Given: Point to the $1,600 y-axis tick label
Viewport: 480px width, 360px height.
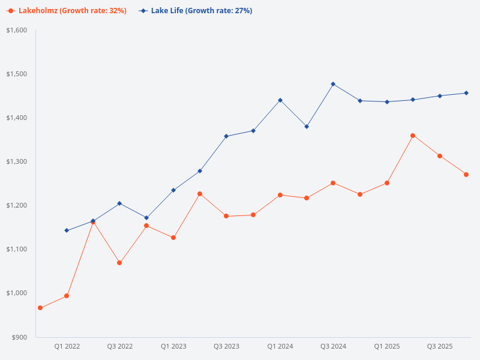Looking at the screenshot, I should (17, 30).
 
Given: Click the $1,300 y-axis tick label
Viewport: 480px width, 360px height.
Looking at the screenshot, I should (17, 161).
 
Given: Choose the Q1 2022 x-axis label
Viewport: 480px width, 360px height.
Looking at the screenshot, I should (67, 347).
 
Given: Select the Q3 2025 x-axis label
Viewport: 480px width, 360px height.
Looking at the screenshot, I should (440, 347).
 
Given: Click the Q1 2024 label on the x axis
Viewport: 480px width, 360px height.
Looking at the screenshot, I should (280, 347).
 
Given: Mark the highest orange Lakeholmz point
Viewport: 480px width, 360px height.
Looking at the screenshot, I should (413, 136).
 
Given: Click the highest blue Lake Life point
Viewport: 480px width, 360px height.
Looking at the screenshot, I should (333, 84).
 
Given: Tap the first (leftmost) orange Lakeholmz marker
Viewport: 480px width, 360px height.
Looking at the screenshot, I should (40, 308).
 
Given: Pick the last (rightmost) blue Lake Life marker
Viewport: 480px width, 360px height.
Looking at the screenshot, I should (466, 93).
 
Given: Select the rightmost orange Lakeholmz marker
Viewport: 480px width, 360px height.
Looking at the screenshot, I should (466, 175).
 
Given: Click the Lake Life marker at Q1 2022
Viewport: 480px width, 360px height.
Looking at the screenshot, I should (67, 230).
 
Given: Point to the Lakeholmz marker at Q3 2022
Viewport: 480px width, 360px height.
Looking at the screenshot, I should (119, 263).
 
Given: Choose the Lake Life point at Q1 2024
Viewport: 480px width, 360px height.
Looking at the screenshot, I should (280, 100).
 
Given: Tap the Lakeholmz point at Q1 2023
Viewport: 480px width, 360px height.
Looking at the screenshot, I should (173, 238).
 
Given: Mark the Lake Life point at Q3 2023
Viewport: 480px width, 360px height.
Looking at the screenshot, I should (226, 136).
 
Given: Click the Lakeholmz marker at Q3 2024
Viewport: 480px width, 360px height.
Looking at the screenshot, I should (333, 183).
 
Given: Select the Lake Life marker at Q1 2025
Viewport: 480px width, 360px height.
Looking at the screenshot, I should (387, 102).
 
